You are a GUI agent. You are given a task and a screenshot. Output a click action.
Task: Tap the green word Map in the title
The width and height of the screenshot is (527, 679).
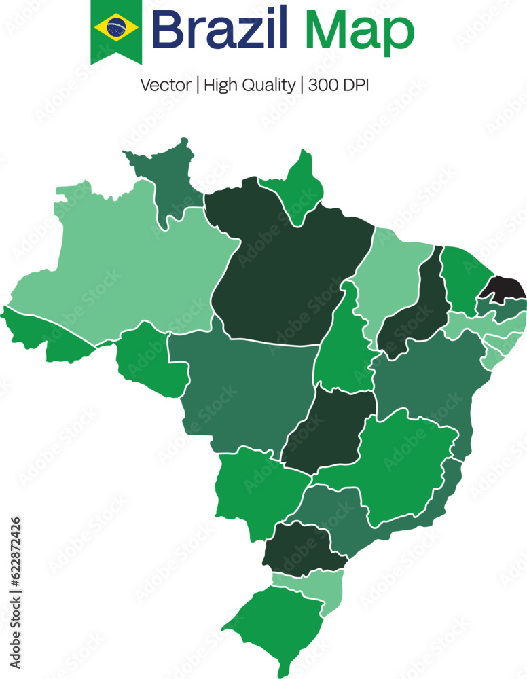pos(359,31)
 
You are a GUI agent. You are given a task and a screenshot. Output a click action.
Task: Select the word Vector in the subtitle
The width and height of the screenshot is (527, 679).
pos(165,85)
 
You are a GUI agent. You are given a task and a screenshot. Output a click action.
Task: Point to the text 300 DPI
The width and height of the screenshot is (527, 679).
pos(338,85)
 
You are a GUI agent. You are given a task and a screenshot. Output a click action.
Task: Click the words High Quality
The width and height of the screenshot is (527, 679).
pos(249,86)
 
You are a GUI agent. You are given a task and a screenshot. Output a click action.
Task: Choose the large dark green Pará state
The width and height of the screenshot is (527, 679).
pos(285,272)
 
